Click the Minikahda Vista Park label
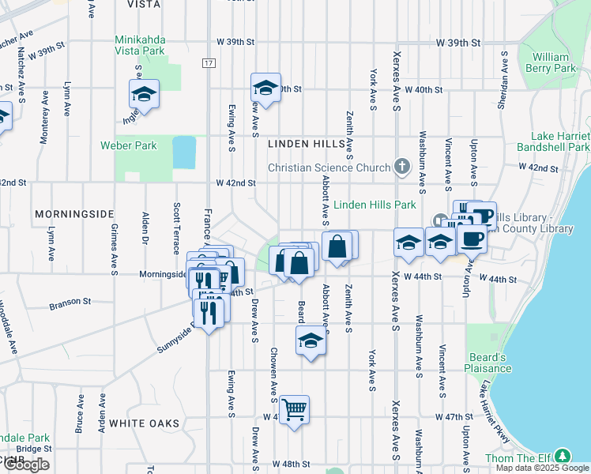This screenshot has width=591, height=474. pos(140,44)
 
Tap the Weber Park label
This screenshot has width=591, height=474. pos(128,145)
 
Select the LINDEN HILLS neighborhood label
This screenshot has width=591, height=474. pos(307,144)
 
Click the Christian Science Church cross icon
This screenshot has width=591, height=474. pos(402,167)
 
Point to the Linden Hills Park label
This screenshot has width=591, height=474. pos(375,205)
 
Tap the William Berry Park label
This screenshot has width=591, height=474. pos(550,62)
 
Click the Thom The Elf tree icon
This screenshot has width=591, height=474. pos(562,456)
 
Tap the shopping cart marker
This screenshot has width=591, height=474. pos(294,409)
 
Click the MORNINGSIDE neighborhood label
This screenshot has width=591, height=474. pos(74,214)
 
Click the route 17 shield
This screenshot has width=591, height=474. pos(208,62)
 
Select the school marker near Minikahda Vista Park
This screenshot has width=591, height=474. pos(144,94)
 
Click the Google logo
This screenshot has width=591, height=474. pos(26,465)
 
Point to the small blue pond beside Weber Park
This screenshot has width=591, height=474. pos(184,152)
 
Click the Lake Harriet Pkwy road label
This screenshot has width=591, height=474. pos(491,412)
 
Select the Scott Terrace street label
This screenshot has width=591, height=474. pos(176,229)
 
